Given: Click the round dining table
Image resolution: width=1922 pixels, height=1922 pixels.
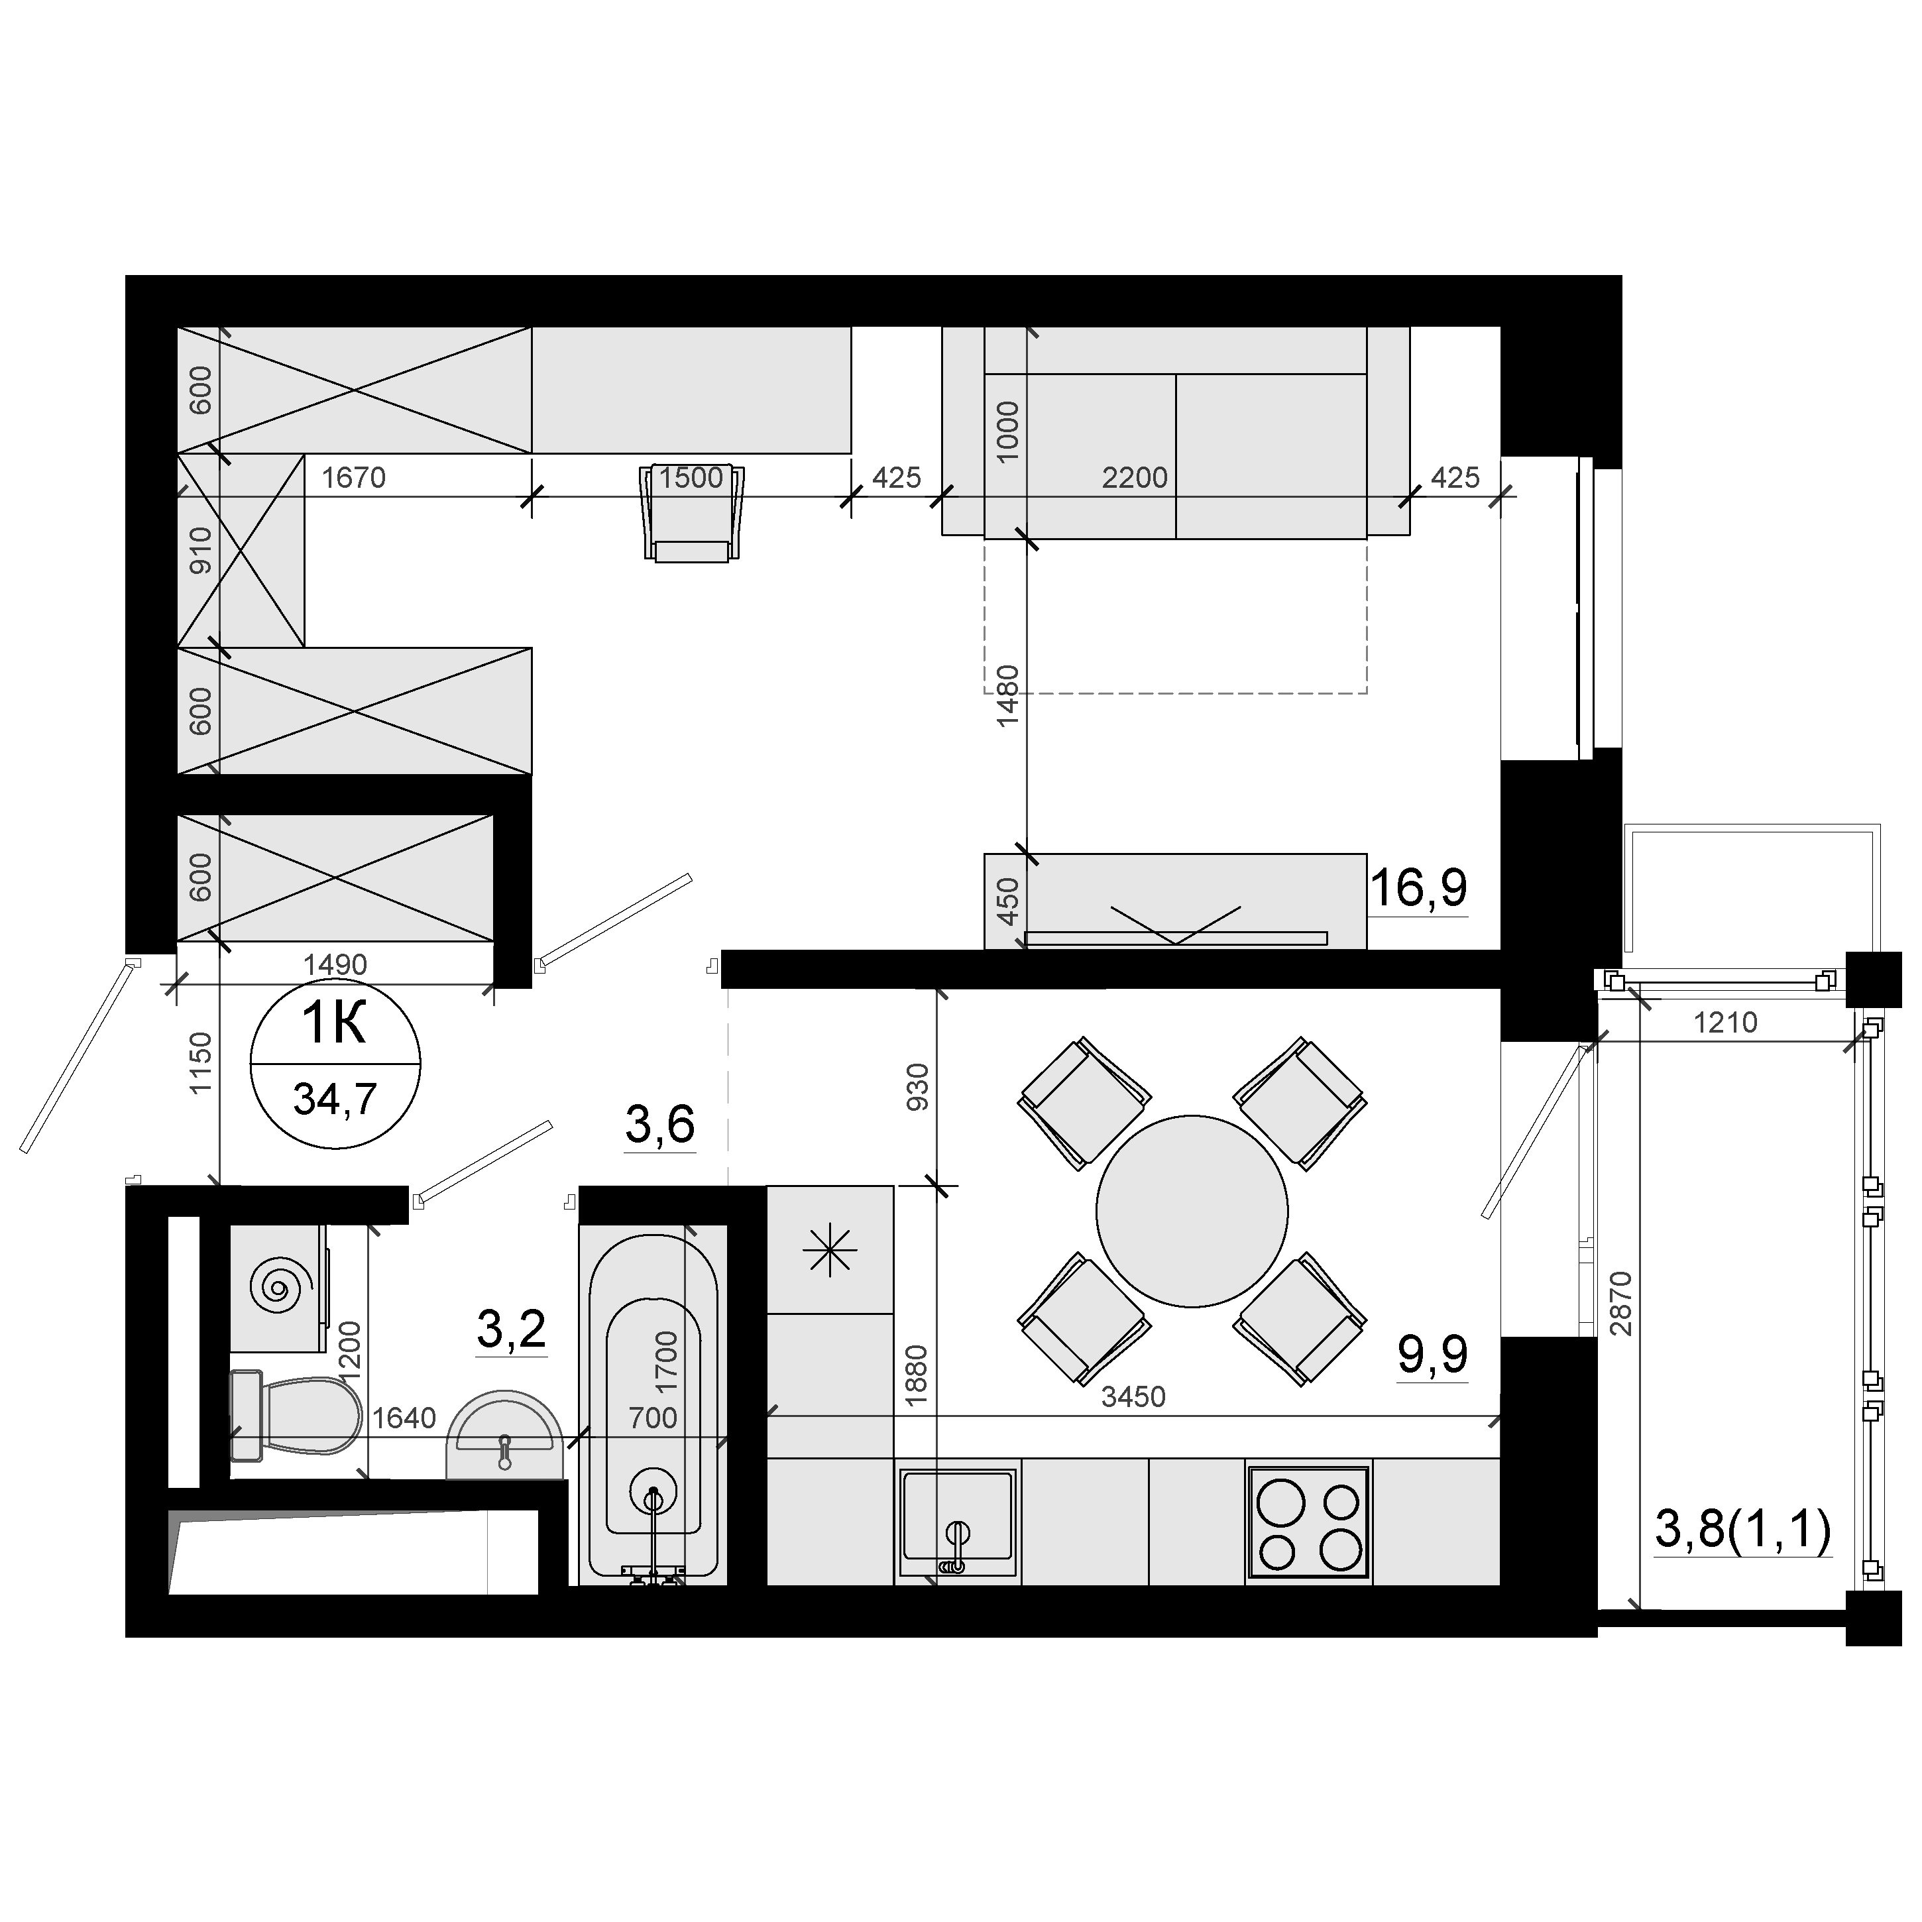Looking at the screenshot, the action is [x=1192, y=1211].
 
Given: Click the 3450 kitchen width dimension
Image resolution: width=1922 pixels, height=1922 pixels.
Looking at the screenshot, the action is [x=1133, y=1396].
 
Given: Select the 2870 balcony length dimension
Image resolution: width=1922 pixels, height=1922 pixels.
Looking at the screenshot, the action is [x=1620, y=1302].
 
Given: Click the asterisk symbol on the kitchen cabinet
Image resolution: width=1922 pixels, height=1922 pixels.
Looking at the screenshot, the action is [x=830, y=1249].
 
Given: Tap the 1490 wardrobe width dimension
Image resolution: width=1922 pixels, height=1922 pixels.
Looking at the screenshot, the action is [x=335, y=964].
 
